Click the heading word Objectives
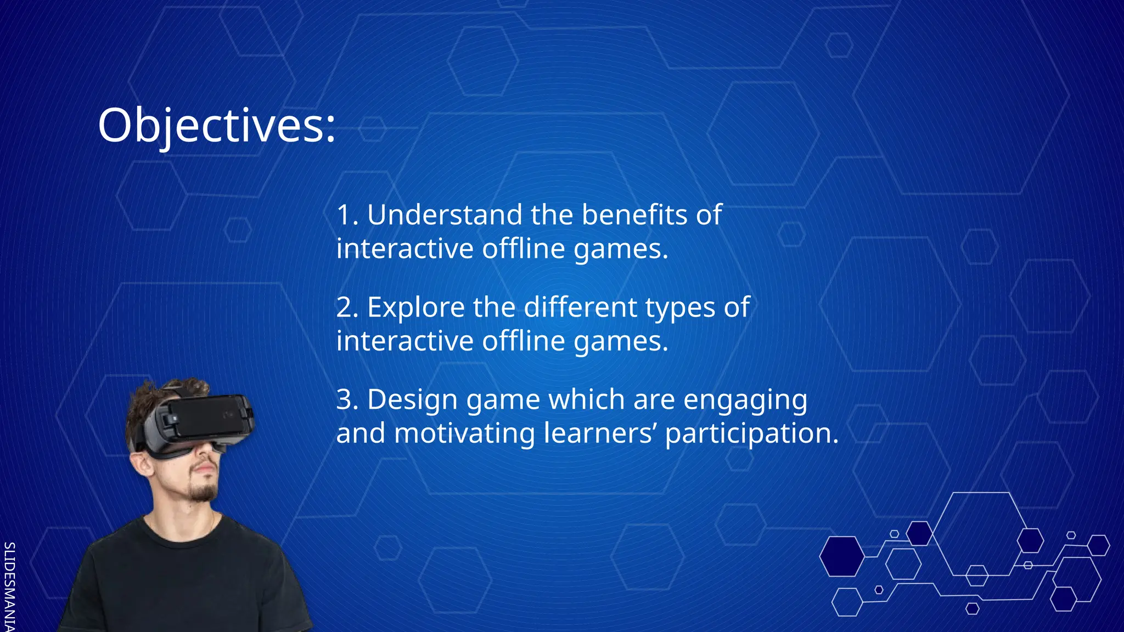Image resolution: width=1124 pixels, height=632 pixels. coord(216,126)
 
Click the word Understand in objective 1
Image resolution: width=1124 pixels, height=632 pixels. coord(444,215)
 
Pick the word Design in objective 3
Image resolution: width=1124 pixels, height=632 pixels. coord(412,399)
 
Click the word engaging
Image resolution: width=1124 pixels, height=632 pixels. coord(745,400)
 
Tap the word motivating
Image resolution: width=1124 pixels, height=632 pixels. coord(464,433)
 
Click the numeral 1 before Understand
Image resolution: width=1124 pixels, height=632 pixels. coord(344,215)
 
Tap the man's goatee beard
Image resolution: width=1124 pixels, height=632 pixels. coord(204,490)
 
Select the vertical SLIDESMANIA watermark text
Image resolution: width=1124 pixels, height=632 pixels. coord(9,586)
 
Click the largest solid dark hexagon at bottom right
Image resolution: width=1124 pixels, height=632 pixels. coord(841,556)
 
